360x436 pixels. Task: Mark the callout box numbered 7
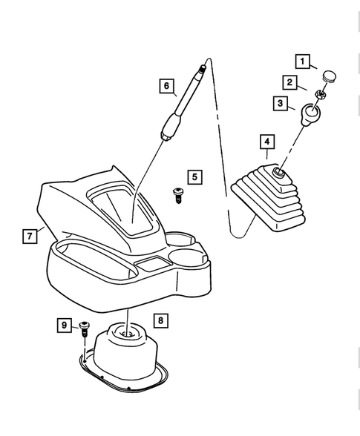point(29,236)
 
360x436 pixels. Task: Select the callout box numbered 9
point(65,325)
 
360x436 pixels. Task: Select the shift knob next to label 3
point(311,113)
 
